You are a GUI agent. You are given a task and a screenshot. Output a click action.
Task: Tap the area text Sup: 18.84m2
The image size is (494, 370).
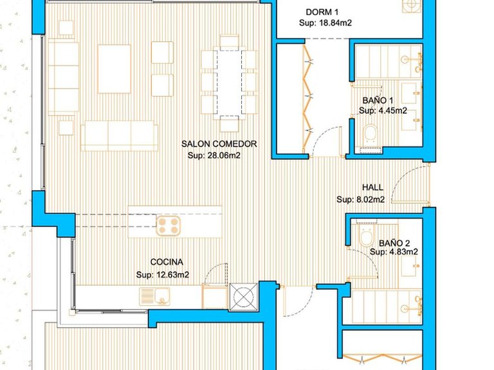pos(325,23)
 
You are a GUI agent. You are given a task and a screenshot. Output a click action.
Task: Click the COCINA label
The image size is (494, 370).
pos(167,262)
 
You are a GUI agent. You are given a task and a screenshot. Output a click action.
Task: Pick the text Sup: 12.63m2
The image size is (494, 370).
pos(163,275)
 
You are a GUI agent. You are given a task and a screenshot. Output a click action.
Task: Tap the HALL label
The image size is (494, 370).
pos(372,188)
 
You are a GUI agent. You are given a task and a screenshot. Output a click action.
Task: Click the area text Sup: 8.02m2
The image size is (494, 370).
pos(361,199)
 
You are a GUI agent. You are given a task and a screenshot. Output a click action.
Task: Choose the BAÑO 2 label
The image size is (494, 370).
pos(394,243)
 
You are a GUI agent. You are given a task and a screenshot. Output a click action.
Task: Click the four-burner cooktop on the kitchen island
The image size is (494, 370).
pos(169,225)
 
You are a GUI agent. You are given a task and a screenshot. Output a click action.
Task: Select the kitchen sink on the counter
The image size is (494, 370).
pos(154,296)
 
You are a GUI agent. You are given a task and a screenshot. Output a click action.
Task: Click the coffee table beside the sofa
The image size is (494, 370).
pos(114,69)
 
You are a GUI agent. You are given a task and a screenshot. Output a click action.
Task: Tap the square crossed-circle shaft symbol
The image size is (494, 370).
pos(243,297)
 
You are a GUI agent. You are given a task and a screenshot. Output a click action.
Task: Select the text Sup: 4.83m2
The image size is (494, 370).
pos(394,252)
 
